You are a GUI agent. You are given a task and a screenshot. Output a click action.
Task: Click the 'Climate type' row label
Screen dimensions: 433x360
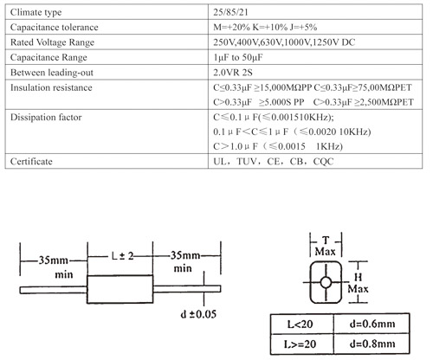click(36, 12)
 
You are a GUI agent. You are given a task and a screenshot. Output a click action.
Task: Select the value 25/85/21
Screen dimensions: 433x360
click(230, 12)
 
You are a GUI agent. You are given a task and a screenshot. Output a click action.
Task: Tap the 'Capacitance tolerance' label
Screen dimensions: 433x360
click(54, 27)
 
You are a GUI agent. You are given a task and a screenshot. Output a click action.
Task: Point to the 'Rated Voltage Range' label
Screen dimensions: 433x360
click(52, 42)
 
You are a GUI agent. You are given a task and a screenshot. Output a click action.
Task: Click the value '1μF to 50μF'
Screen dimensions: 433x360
click(238, 57)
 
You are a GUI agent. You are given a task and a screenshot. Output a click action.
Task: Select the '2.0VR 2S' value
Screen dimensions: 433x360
click(233, 73)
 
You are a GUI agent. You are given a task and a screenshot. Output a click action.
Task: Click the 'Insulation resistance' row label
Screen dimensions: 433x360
click(51, 87)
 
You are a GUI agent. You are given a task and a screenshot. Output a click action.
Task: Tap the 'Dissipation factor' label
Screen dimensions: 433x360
click(46, 117)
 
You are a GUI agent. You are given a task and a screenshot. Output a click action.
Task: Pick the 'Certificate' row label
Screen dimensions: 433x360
click(31, 161)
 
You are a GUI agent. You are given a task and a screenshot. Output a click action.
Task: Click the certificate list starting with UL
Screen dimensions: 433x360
click(274, 161)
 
